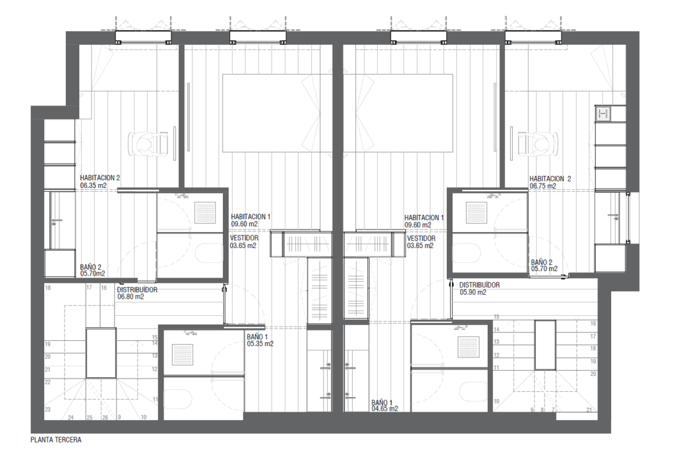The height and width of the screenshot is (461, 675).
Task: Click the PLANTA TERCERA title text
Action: (56, 440)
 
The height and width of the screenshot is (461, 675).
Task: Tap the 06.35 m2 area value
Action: (94, 186)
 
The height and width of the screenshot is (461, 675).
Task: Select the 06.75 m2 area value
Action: (543, 186)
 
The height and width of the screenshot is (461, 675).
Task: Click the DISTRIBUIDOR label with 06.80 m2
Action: (137, 290)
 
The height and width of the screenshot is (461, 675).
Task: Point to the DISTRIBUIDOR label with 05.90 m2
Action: (480, 285)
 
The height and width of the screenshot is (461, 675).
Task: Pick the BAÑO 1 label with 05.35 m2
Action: (258, 337)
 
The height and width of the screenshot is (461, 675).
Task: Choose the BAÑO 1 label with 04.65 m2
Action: (382, 402)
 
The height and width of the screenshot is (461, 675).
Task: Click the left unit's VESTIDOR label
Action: (244, 238)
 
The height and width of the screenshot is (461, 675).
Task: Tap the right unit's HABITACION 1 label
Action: (424, 218)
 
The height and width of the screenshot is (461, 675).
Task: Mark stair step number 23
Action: (47, 410)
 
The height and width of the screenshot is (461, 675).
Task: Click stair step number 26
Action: (105, 417)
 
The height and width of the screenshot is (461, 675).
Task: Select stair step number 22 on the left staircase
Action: (47, 382)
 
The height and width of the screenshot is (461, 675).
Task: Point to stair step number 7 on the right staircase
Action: (553, 410)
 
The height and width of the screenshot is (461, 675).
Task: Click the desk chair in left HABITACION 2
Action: (146, 143)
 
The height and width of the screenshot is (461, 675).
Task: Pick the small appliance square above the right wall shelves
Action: (603, 113)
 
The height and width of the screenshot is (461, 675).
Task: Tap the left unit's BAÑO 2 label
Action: (91, 267)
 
